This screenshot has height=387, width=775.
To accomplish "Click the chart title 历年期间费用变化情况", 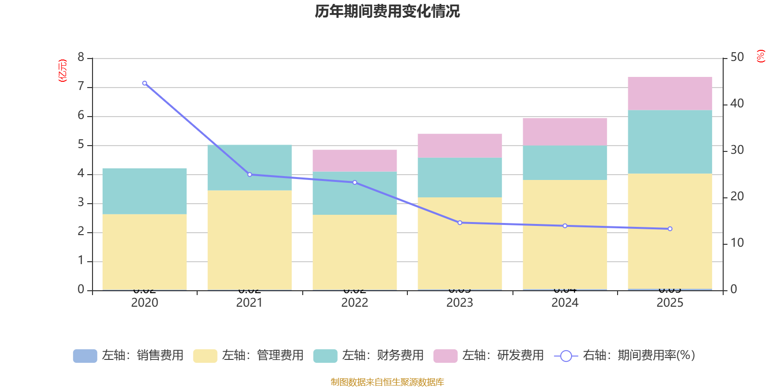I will tap(387, 11).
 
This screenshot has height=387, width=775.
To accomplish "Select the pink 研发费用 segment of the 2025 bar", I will tap(670, 93).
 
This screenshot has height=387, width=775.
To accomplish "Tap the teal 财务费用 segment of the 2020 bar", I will tap(144, 191).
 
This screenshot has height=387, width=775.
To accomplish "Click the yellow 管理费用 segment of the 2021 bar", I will tap(249, 240).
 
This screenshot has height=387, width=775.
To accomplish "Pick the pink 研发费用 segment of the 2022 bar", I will tap(355, 161).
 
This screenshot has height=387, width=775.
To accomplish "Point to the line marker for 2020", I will tap(144, 83).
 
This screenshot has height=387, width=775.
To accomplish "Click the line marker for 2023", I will tap(460, 223).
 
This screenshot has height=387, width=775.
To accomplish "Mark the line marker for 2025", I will tap(670, 229).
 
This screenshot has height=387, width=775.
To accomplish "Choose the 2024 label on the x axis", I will tap(565, 303).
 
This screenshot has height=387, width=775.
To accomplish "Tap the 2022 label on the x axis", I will tap(355, 303).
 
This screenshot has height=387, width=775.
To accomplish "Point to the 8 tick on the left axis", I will tap(81, 58).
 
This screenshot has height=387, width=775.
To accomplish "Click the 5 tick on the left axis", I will tap(81, 145).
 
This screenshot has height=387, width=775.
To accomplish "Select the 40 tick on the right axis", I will tap(737, 104).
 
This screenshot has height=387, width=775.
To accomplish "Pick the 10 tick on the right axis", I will tap(737, 243).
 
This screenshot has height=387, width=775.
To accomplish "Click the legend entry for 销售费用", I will tap(129, 356).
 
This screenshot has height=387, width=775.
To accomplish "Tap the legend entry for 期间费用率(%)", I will tap(625, 356).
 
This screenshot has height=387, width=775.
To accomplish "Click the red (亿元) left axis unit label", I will tap(62, 71).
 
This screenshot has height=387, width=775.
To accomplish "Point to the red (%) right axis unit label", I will tap(760, 56).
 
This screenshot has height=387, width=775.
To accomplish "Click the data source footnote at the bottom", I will tap(387, 382).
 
